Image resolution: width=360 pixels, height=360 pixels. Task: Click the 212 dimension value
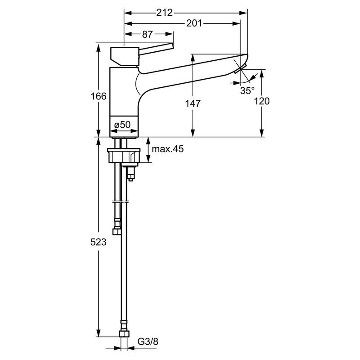pos(164,13)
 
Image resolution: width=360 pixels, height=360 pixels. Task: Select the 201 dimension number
pos(194,23)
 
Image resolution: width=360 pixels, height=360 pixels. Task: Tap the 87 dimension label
pos(147,34)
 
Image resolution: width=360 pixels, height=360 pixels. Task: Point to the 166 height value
pos(99,96)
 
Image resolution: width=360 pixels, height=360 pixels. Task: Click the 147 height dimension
pos(193,103)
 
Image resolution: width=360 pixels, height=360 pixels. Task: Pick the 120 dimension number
pos(262,101)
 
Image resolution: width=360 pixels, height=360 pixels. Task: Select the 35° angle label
pos(247,90)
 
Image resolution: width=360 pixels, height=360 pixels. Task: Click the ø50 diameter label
pos(122,125)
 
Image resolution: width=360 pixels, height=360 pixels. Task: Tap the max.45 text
pos(168,149)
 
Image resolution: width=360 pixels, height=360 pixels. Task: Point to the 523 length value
pos(98,242)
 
